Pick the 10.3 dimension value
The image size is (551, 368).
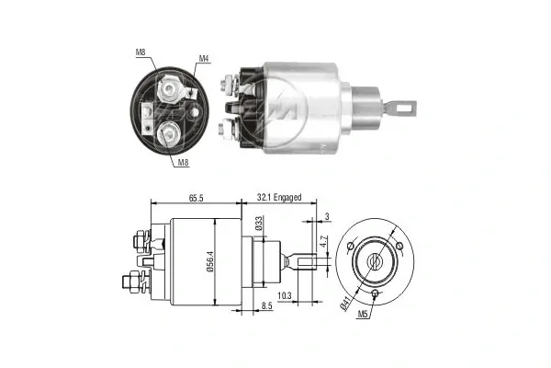tap(286, 296)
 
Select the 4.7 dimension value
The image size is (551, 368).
tap(323, 246)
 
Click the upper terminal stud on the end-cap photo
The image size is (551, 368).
tap(170, 90)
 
